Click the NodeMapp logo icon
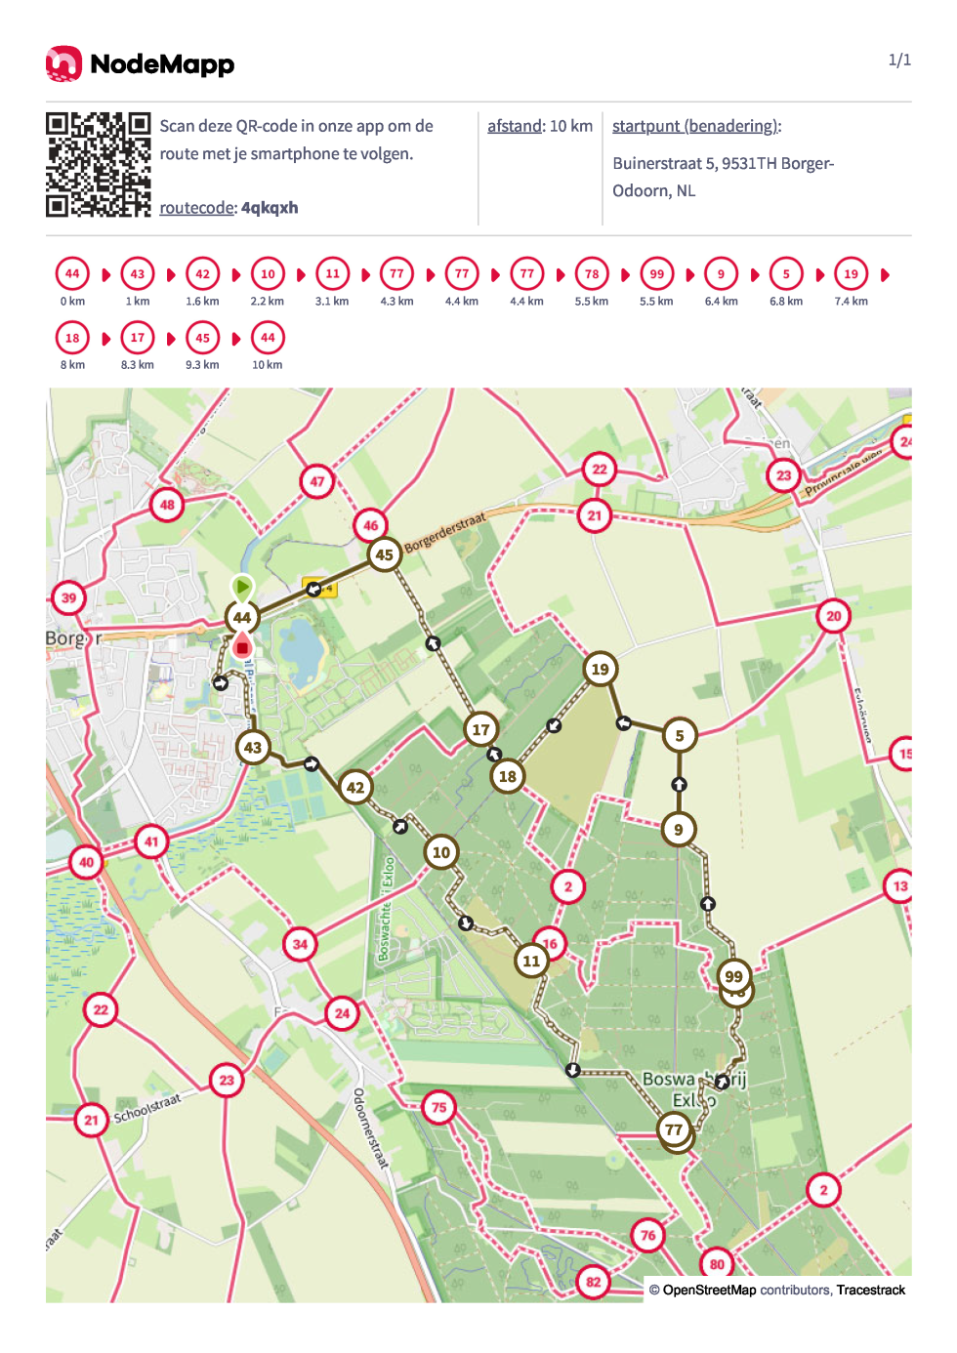(63, 63)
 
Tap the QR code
(98, 164)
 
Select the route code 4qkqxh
(270, 208)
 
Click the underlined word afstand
(515, 126)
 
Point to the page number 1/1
(899, 61)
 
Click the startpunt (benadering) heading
(695, 126)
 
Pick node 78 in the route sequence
(592, 274)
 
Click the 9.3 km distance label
(202, 365)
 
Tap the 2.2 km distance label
(268, 302)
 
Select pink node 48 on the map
(167, 505)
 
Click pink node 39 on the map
(68, 598)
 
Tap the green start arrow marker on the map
(242, 587)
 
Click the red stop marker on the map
(242, 646)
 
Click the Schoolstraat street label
(147, 1109)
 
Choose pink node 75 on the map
(439, 1107)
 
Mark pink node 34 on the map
(300, 944)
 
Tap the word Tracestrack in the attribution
(870, 1290)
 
